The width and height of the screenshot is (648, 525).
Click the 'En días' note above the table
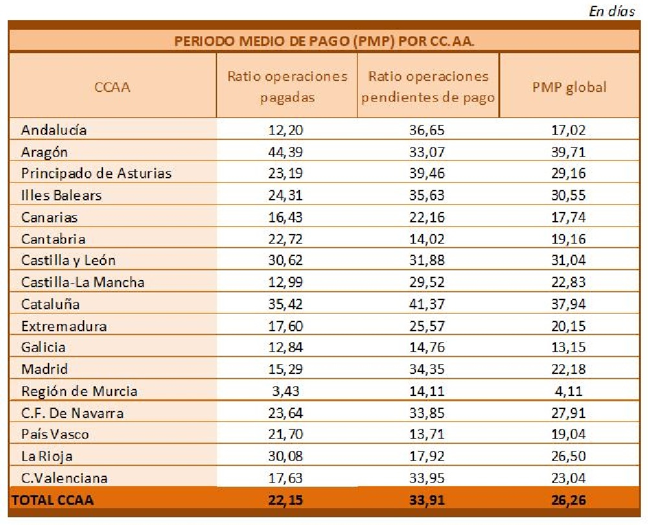(612, 11)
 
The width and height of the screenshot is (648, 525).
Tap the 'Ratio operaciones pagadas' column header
(287, 87)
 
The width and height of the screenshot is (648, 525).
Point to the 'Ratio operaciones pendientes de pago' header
(428, 87)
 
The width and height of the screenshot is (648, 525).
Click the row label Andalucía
(54, 130)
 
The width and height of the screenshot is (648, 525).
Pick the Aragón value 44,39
(286, 152)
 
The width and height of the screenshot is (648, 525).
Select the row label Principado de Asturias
(97, 173)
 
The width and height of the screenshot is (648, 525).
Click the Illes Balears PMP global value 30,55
(568, 195)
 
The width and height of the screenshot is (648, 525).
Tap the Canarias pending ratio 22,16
(428, 217)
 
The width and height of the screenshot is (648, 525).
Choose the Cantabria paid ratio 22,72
(286, 239)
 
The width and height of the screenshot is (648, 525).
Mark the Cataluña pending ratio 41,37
(428, 304)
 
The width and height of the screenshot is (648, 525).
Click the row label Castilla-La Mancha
(83, 282)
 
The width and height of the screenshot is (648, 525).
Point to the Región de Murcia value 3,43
(286, 391)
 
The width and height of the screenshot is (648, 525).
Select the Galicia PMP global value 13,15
(568, 347)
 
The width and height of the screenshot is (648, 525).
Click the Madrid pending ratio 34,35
(428, 369)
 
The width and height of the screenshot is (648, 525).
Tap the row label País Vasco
(55, 434)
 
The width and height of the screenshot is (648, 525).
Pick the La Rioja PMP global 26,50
(568, 456)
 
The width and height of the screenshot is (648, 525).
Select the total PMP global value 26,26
(568, 500)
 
